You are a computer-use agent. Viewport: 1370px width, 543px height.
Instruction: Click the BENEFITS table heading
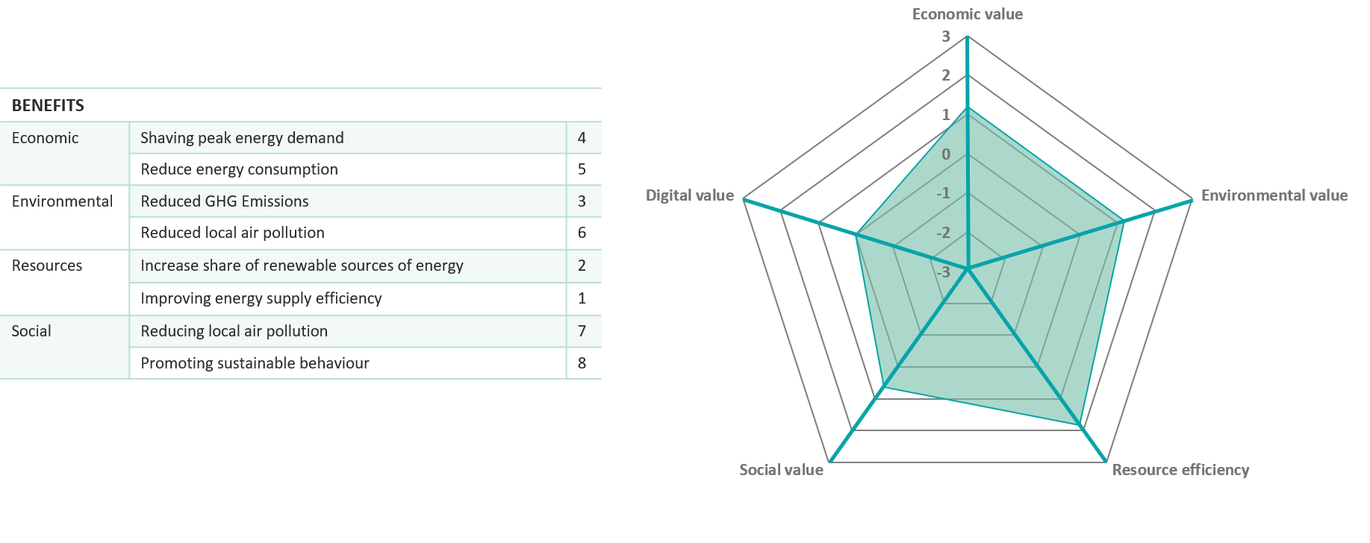(48, 105)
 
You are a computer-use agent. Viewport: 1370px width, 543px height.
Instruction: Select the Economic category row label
(45, 138)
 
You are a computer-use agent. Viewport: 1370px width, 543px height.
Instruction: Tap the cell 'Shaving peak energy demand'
(242, 138)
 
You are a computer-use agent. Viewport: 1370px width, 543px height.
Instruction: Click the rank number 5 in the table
(582, 169)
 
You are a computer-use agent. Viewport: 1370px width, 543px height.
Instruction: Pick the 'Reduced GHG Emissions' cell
(225, 201)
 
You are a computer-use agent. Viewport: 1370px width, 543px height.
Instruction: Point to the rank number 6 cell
(582, 233)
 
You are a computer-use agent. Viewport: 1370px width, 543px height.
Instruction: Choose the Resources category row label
(47, 266)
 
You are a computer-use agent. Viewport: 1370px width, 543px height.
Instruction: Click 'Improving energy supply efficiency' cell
(261, 298)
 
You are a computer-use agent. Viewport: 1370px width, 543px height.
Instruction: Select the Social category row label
(31, 331)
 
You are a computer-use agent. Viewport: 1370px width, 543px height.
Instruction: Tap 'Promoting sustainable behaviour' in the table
(255, 363)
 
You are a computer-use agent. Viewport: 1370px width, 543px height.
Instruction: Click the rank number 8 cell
(582, 363)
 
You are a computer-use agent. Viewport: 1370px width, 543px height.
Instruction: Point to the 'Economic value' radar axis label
(968, 14)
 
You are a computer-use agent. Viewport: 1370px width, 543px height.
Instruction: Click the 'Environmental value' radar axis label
(1274, 195)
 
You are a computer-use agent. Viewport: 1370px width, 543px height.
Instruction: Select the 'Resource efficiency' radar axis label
(1180, 470)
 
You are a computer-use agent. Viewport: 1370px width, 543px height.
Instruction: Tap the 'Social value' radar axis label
(781, 470)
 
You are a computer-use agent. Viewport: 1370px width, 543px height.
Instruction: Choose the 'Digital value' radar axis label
(690, 195)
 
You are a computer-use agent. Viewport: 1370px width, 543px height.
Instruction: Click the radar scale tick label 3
(946, 37)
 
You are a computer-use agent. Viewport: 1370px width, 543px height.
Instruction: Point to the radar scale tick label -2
(944, 233)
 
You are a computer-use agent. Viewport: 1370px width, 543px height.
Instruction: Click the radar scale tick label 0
(946, 154)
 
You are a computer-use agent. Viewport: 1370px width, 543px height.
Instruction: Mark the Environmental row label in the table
(62, 201)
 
